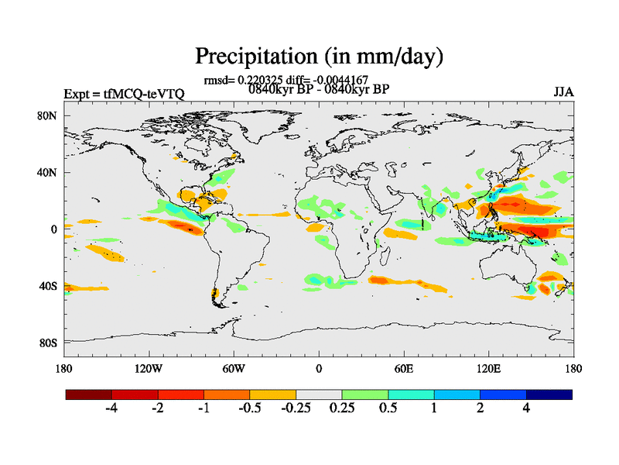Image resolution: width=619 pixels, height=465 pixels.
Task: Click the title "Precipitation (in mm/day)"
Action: (318, 57)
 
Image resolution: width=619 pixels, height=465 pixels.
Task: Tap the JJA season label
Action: (563, 91)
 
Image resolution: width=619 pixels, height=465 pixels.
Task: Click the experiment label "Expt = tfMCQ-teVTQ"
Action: (124, 94)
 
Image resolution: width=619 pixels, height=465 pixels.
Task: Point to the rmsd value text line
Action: (286, 79)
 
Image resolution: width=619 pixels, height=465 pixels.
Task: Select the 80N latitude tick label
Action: (49, 115)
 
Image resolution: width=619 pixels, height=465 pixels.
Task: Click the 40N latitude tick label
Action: (49, 172)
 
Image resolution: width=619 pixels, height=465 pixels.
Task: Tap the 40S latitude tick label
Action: (49, 286)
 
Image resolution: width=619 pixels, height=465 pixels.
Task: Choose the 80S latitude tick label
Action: (49, 343)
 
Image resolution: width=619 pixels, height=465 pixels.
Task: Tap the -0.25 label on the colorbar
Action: (295, 408)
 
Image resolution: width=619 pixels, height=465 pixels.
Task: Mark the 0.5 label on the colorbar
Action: (388, 408)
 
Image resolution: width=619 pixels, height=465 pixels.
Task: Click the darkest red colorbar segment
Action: (89, 394)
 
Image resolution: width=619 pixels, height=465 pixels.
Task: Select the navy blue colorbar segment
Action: (549, 394)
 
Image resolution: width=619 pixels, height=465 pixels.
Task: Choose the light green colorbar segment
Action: (365, 394)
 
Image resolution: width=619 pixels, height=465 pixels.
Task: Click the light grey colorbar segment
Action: (319, 394)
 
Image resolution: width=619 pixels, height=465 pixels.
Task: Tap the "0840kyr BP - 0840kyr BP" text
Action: (318, 88)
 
